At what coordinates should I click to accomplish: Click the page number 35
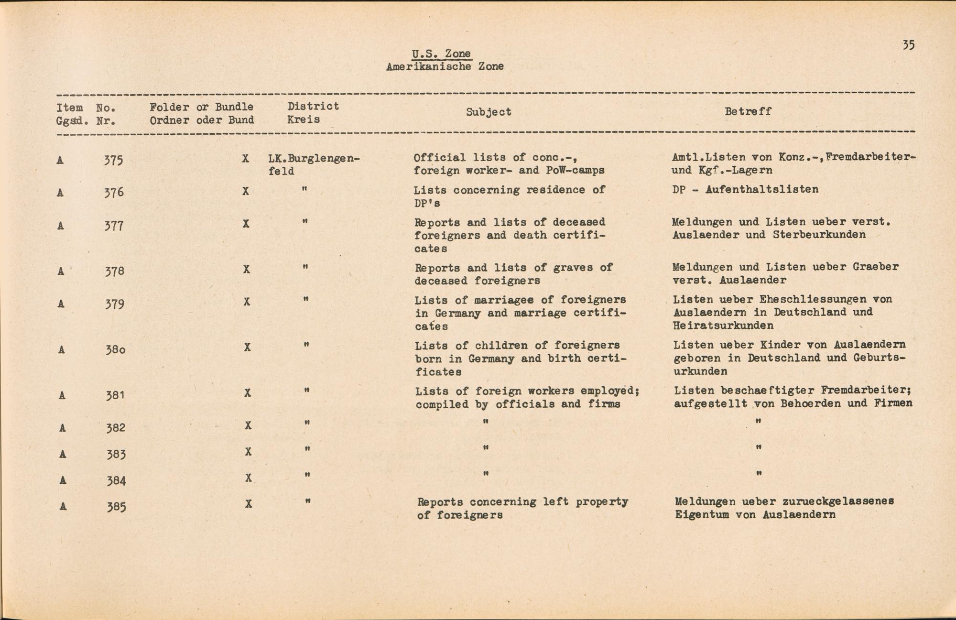pos(908,45)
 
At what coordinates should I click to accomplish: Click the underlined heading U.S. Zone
pos(441,54)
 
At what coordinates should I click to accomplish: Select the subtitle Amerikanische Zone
pos(445,66)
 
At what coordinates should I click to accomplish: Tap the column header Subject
pos(489,112)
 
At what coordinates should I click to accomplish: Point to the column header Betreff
pos(748,111)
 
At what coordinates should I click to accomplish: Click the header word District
pos(313,106)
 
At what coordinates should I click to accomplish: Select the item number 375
pos(114,160)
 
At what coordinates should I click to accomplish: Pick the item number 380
pos(115,349)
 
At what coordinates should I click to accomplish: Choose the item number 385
pos(116,507)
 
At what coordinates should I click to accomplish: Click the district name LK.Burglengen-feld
pos(314,164)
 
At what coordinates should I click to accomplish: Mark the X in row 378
pos(246,270)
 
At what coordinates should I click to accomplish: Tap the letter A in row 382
pos(62,428)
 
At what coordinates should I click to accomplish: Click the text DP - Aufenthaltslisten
pos(745,189)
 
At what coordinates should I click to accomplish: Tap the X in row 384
pos(248,478)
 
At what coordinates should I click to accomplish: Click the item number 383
pos(116,454)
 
